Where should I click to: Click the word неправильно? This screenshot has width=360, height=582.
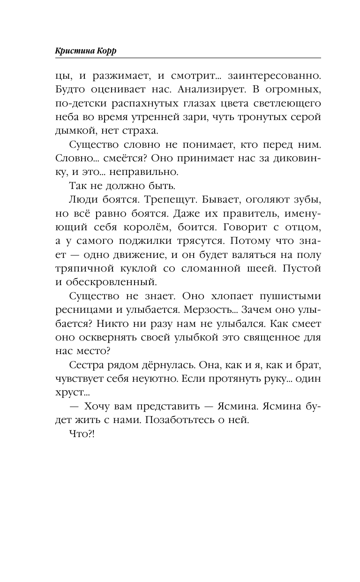(136, 172)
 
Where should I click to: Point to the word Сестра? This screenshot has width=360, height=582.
(86, 367)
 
